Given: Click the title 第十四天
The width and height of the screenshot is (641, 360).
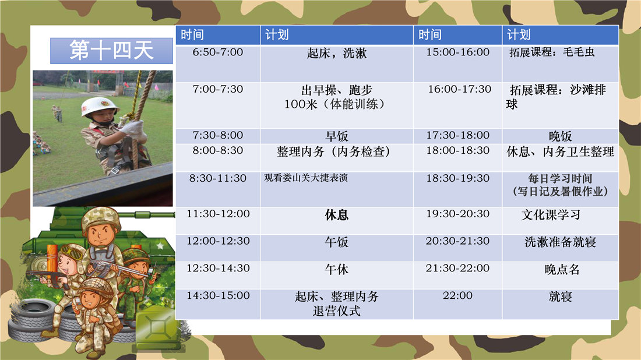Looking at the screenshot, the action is click(111, 50).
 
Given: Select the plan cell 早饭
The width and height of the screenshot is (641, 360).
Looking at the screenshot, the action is click(336, 136).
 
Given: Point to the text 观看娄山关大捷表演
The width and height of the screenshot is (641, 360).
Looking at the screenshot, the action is click(306, 178).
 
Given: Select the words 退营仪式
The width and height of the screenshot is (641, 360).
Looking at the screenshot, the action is click(336, 312).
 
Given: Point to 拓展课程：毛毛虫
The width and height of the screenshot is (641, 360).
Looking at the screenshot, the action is click(552, 52).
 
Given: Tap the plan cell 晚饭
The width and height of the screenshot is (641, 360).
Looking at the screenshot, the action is click(560, 136).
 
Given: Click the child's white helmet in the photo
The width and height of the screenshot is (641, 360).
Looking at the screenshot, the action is click(100, 106).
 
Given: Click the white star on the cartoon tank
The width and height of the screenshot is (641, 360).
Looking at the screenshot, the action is click(160, 246).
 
